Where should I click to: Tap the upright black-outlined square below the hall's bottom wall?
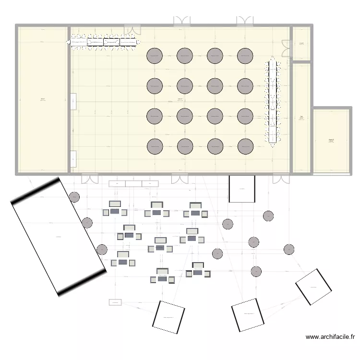241,189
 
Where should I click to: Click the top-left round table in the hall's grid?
155,56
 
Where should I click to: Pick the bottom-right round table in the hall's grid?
245,146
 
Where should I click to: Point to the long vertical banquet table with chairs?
273,101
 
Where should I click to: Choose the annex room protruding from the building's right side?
332,140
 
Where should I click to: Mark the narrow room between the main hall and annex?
301,117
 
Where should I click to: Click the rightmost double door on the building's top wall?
245,21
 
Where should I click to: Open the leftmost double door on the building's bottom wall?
90,179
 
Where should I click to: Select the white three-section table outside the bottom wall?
133,183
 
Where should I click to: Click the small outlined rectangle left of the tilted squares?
115,302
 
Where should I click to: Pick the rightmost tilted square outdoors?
313,287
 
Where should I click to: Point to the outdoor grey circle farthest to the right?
288,249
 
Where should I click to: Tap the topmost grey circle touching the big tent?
74,197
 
